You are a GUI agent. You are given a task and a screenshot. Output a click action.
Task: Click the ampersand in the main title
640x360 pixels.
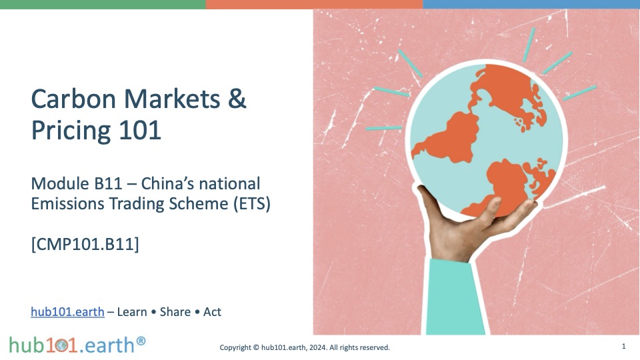(237, 99)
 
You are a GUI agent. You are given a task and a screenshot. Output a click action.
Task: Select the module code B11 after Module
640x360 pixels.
(108, 184)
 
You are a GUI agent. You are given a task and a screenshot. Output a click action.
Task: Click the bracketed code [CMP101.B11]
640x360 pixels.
(85, 244)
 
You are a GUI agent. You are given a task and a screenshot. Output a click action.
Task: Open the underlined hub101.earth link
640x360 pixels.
(68, 312)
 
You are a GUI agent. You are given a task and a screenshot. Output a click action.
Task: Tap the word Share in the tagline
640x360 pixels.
(175, 312)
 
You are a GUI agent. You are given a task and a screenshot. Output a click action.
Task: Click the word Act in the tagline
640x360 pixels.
(212, 312)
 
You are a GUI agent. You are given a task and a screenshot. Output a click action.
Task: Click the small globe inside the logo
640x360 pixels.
(62, 346)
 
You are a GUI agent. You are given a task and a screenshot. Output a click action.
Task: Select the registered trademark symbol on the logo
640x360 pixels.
(141, 341)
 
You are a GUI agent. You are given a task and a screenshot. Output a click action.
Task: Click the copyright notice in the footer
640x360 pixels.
(305, 347)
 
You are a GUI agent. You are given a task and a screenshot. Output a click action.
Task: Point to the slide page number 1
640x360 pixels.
(623, 346)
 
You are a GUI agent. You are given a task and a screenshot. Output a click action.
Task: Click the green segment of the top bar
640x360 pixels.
(103, 4)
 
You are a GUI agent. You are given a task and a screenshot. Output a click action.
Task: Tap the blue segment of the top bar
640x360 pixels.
(531, 4)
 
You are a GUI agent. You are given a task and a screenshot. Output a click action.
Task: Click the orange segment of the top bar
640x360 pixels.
(314, 4)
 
